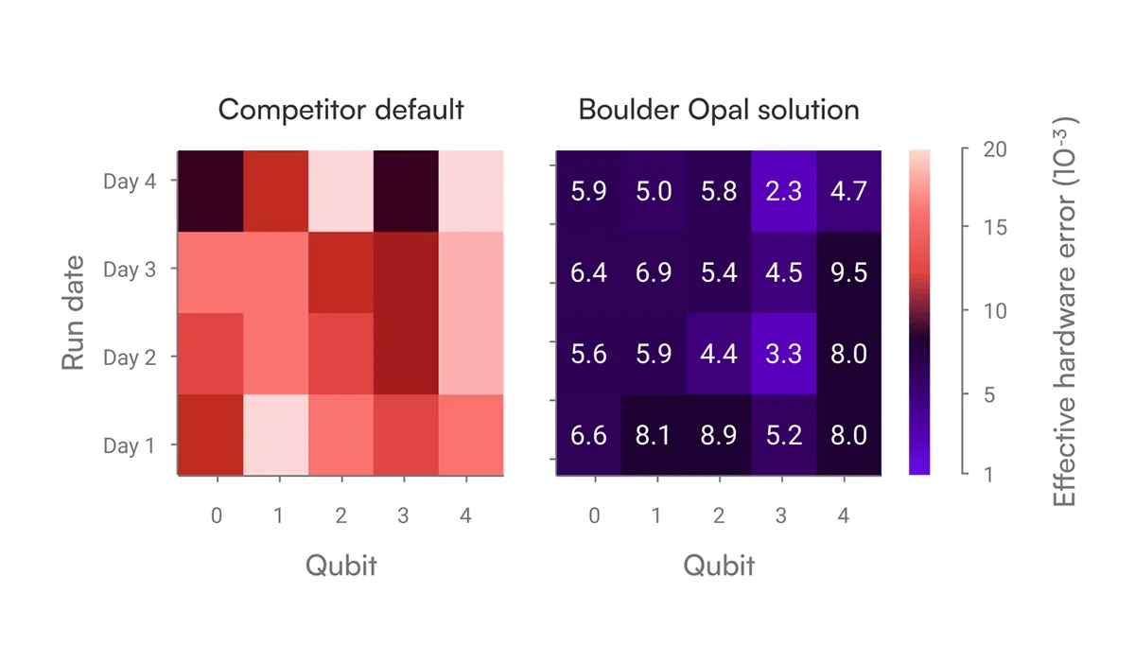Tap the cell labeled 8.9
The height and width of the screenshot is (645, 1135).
(719, 435)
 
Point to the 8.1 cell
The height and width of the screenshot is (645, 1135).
(654, 435)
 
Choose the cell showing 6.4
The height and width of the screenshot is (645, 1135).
(589, 272)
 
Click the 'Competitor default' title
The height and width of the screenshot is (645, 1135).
(340, 110)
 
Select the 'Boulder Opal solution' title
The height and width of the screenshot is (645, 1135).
(719, 110)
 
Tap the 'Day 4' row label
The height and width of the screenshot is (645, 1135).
(129, 181)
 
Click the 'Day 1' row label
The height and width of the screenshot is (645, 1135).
(129, 445)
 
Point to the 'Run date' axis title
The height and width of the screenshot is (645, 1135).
(74, 312)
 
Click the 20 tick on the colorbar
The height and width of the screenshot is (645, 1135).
(995, 150)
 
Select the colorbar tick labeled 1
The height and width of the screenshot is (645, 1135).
(989, 474)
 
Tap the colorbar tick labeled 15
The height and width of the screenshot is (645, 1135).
(994, 228)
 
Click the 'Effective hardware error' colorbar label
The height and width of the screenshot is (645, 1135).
(1065, 312)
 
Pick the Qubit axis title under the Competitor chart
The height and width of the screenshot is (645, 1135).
(340, 566)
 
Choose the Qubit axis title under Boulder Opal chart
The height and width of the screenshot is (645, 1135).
(719, 566)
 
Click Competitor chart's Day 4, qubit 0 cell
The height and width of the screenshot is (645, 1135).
(211, 191)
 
